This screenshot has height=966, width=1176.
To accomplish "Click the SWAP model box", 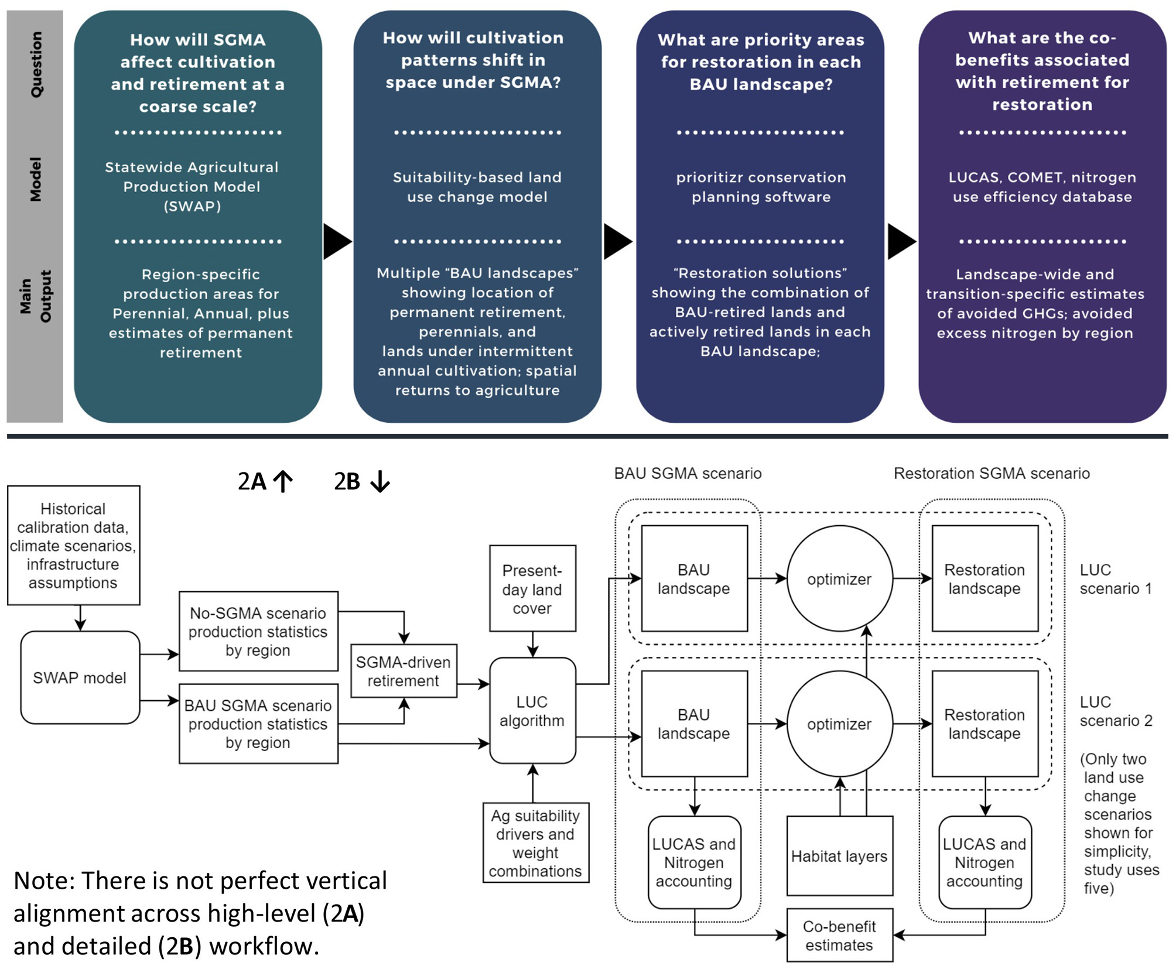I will pos(80,677).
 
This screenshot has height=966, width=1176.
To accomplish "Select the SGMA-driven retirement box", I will pos(403,671).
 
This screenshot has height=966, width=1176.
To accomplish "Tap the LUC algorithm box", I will pos(532,711).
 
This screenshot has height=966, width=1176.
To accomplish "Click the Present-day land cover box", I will pos(532,588).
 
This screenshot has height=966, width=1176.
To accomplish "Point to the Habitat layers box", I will pos(839,856).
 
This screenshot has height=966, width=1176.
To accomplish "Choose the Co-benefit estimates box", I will pos(839,935).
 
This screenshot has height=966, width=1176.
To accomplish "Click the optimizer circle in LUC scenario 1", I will pos(839,578).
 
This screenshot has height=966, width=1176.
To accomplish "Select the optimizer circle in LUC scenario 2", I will pos(839,724).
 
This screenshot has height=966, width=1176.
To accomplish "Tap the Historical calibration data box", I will pos(73,545).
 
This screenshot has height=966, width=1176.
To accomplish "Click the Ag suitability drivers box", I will pos(535,842).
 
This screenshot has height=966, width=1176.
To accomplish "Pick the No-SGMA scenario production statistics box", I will pos(258,631).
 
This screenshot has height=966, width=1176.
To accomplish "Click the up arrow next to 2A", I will pos(283,481).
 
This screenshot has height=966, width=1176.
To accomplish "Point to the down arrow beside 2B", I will pos(380,481).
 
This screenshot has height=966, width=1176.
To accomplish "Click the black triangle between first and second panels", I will pos(336,241).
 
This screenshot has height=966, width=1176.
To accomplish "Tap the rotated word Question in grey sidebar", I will pos(36,64).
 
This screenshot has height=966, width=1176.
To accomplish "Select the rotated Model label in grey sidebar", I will pos(36,179).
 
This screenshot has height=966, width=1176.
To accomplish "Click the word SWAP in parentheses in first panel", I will pos(192,206).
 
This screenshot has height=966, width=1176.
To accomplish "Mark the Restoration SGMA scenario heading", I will pos(991,473).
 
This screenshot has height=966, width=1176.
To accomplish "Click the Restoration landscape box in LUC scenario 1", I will pos(984,578).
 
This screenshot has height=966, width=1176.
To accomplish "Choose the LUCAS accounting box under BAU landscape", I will pos(694,862).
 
